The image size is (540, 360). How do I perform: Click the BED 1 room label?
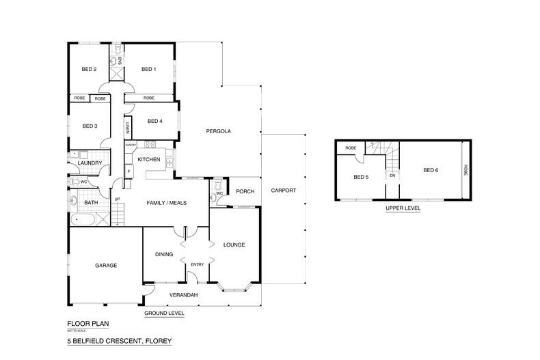pos(149,69)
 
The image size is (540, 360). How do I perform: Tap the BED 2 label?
pos(90,69)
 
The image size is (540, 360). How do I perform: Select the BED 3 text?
pos(90,126)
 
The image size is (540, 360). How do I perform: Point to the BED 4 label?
pos(154,121)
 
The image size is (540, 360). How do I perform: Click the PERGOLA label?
pos(219,130)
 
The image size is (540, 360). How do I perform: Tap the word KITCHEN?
pos(149,160)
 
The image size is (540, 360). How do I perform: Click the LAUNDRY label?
pos(90,163)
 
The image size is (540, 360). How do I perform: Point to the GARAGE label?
pos(106,265)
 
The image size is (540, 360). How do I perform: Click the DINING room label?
pos(163,254)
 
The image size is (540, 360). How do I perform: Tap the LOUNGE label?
pos(234,245)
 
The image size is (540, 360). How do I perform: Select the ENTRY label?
pos(198,265)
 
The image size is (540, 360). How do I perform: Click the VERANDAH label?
pos(184,294)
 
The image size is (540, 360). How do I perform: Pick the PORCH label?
pos(245,192)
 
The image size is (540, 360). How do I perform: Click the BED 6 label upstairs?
pos(430,170)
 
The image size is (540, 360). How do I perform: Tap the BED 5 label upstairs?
pos(361,177)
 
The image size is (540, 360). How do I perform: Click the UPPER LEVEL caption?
pos(402,208)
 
